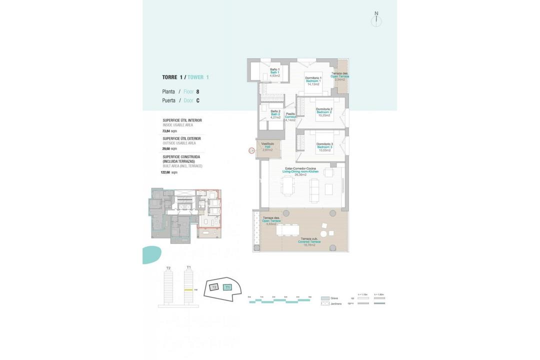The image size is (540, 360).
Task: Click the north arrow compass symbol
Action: pos(376,20)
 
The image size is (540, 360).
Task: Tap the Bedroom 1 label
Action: pos(313,81)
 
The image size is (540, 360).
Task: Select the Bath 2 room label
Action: pos(275,114)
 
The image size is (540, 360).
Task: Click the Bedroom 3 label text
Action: pos(324,147)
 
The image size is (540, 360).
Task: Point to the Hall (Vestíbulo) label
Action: pos(268,146)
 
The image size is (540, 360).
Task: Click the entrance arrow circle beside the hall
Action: pos(251,150)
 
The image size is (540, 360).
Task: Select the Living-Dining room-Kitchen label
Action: pos(300,171)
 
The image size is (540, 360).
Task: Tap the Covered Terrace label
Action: pos(309,241)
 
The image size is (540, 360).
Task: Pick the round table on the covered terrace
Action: pos(323,233)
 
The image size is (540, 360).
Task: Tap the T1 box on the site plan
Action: pos(228,287)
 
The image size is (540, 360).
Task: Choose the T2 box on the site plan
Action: pos(214,287)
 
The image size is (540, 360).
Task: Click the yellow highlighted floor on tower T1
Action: pos(188,289)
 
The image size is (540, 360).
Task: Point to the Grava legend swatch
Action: pos(325,298)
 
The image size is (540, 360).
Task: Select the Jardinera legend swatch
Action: pos(325,304)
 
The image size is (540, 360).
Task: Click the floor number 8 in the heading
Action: pos(197,92)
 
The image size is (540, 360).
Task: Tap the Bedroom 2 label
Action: pos(324,112)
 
